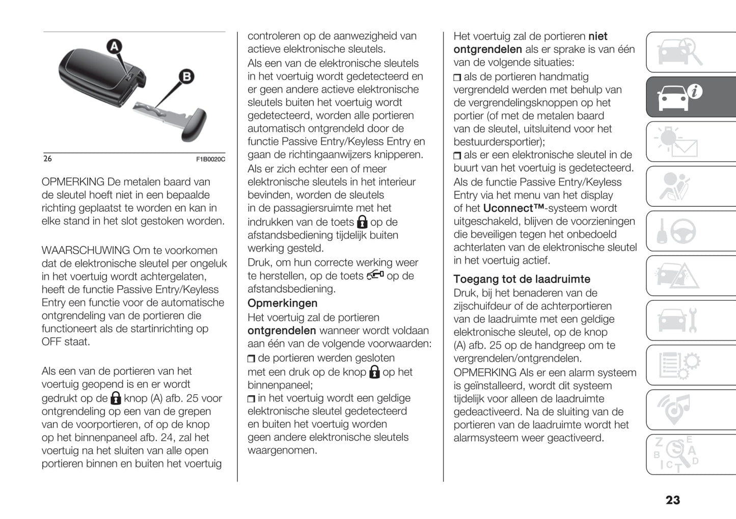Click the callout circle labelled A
click(x=115, y=47)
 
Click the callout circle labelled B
click(x=187, y=76)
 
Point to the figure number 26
click(x=47, y=159)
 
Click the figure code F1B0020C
click(x=210, y=159)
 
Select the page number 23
click(x=672, y=500)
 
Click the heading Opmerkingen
click(x=282, y=303)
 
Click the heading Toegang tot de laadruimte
click(x=522, y=279)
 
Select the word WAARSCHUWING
click(x=86, y=251)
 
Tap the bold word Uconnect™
click(x=513, y=208)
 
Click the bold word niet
click(x=597, y=36)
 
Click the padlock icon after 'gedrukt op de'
click(x=116, y=398)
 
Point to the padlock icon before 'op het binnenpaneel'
click(x=374, y=372)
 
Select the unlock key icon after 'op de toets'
click(x=375, y=275)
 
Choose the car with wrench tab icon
click(x=678, y=320)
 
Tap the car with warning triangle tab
click(x=677, y=276)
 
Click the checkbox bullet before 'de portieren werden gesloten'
click(x=251, y=359)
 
